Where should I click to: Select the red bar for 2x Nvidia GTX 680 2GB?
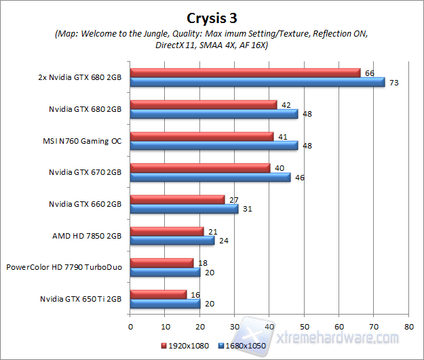(245, 73)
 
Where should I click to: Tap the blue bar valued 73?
(257, 82)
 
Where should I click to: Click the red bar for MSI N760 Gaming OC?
(201, 136)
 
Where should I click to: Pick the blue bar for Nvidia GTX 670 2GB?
(210, 177)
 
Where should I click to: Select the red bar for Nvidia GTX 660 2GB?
(177, 199)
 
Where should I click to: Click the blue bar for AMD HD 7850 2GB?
(172, 240)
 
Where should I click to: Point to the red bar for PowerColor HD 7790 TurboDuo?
(161, 262)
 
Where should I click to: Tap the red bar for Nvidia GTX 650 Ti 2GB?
(158, 294)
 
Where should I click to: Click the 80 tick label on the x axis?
(408, 325)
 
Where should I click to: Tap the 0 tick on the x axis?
(130, 325)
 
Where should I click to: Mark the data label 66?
(369, 73)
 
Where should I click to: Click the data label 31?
(246, 209)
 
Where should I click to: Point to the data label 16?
(195, 294)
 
